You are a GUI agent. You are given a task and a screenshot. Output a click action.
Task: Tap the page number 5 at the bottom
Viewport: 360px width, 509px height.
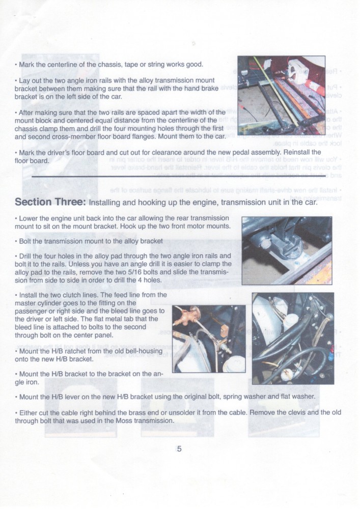(179, 448)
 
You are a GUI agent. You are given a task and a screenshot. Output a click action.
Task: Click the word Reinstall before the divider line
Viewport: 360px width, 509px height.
(303, 152)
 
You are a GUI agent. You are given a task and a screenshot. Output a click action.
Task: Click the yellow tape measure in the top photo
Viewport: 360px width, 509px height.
(289, 97)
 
